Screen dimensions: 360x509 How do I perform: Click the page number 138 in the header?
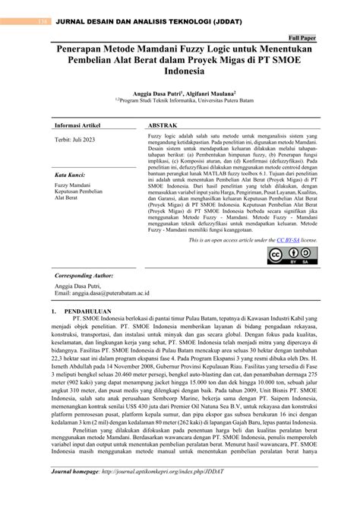coord(32,10)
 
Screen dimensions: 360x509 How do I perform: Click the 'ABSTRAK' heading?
coord(163,125)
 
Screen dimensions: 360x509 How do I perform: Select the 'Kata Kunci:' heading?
coord(69,174)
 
